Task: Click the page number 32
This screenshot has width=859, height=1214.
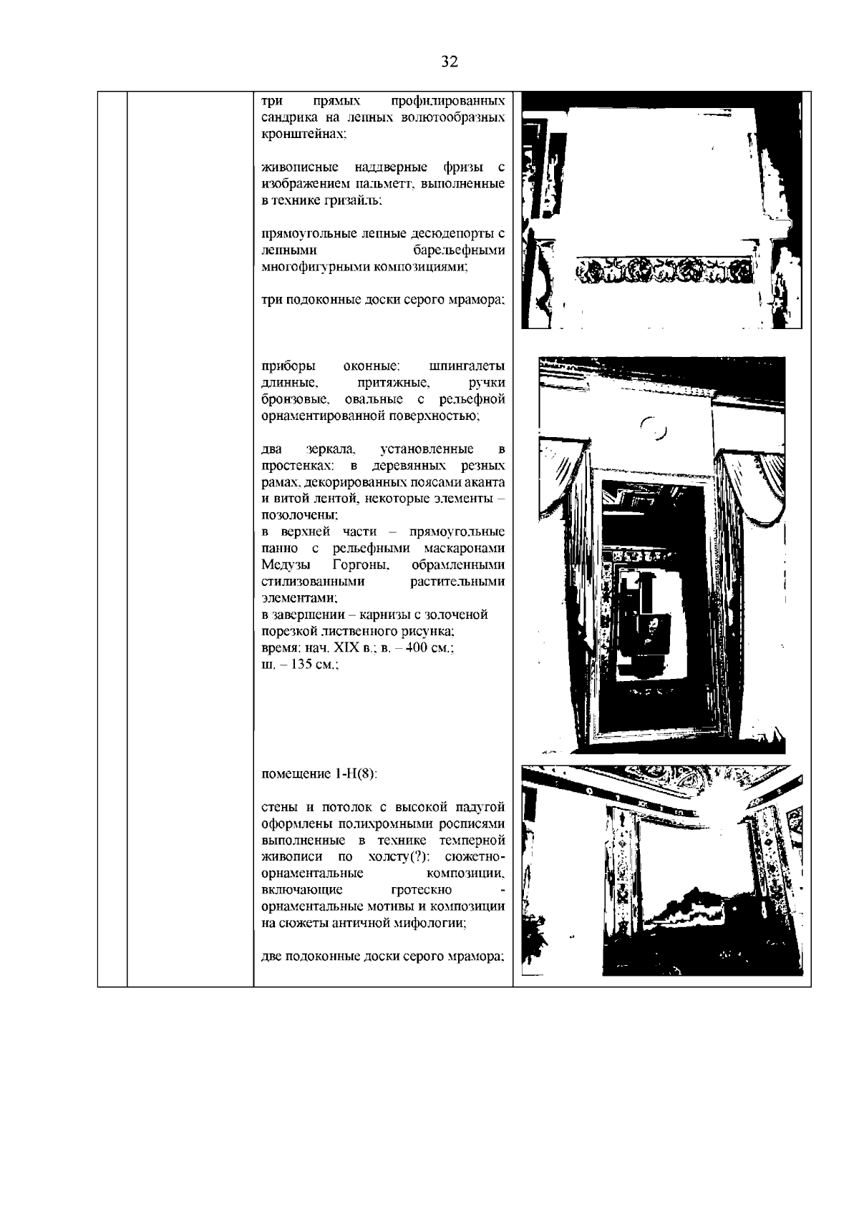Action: [450, 62]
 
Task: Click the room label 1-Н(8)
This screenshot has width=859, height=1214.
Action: [356, 774]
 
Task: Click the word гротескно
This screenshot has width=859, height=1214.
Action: [422, 889]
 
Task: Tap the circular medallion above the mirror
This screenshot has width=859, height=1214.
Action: [653, 429]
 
